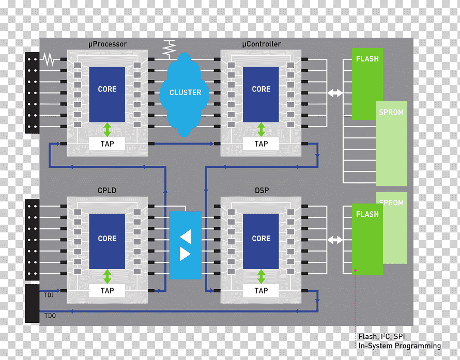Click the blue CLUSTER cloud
tap(185, 95)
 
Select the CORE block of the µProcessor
tap(107, 95)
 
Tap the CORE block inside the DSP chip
tap(261, 241)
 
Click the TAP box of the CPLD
tap(107, 290)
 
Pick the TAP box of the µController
tap(261, 144)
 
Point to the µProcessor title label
tap(108, 44)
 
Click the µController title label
tap(262, 44)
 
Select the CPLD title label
tap(107, 191)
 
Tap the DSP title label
tap(262, 191)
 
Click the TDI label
tap(49, 295)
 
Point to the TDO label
tap(50, 316)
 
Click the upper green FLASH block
tap(367, 84)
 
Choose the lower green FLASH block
tap(367, 239)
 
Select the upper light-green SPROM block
tap(391, 144)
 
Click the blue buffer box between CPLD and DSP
tap(186, 245)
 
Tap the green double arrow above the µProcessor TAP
tap(108, 130)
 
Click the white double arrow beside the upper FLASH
tap(335, 93)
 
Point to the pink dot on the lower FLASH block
tap(355, 271)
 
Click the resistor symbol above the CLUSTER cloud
tap(170, 49)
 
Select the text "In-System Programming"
tap(400, 346)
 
